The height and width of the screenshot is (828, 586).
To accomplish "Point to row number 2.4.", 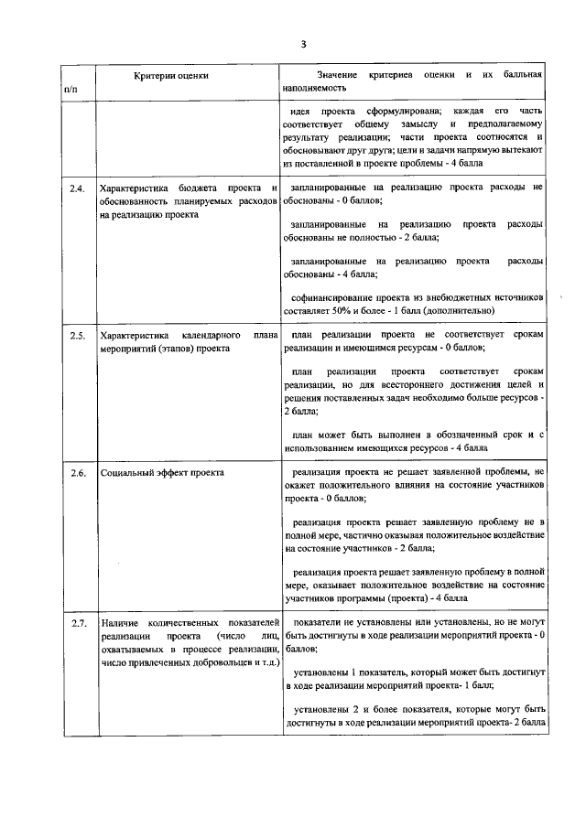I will pos(77,188).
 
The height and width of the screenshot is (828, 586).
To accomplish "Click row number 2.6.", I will pos(77,473).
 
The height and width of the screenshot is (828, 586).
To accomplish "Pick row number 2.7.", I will pos(77,623).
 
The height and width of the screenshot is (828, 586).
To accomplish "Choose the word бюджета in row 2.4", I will pos(199,188).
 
